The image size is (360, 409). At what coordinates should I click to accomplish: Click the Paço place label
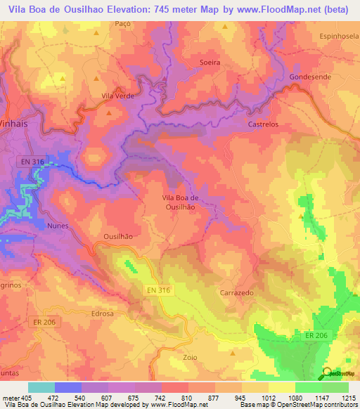[x=123, y=23]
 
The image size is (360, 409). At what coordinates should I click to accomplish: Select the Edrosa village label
[x=102, y=313]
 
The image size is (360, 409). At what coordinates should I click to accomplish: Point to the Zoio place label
[x=190, y=357]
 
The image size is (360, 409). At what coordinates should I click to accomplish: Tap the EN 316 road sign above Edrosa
[x=160, y=290]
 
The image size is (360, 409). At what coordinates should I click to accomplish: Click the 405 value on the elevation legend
[x=21, y=397]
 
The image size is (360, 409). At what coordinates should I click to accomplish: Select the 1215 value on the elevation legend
[x=349, y=397]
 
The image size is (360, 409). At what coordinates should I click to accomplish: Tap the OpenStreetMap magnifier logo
[x=326, y=373]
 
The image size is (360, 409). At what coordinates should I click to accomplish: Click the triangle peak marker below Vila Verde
[x=109, y=111]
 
